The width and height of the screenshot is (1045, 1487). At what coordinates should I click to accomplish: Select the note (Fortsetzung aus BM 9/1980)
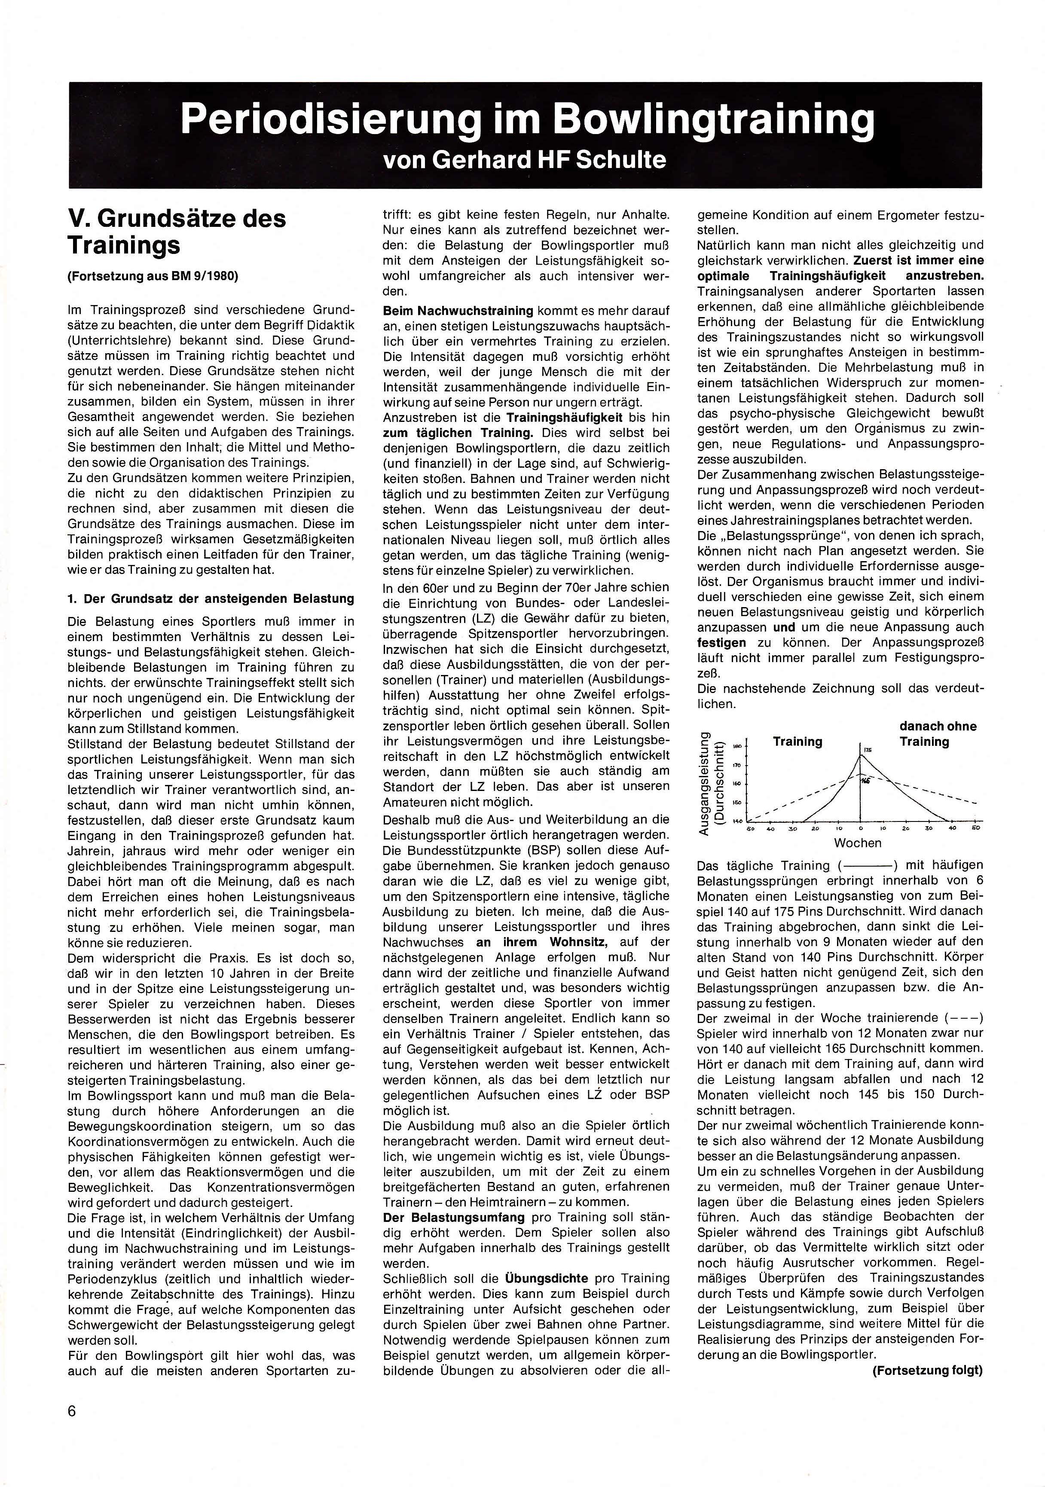click(x=153, y=276)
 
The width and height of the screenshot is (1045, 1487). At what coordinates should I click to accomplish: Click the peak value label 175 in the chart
click(x=868, y=750)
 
